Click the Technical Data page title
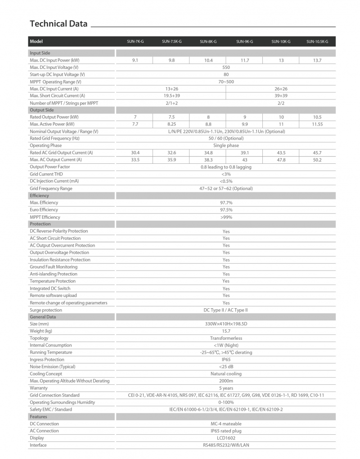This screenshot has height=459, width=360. click(58, 24)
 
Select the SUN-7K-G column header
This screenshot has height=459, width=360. click(135, 42)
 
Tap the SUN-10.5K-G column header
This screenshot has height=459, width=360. click(317, 42)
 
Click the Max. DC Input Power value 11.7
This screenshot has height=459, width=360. click(244, 60)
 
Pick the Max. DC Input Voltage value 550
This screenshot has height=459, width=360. click(226, 67)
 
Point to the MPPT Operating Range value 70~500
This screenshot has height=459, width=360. click(226, 82)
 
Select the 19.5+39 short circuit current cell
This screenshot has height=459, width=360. click(171, 96)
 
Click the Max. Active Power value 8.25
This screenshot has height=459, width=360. click(171, 124)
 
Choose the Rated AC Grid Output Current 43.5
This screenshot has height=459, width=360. click(281, 153)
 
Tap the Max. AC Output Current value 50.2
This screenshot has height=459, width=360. click(317, 160)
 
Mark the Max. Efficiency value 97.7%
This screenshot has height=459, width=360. click(226, 203)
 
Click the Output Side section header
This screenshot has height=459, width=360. click(42, 110)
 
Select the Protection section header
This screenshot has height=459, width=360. click(40, 224)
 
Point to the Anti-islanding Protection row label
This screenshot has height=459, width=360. click(54, 274)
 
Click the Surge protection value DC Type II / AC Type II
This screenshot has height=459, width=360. click(226, 310)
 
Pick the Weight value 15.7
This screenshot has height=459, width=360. click(226, 331)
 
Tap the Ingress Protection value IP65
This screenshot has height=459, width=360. click(226, 360)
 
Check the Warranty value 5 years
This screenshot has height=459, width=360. click(226, 388)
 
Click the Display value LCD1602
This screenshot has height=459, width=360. click(226, 438)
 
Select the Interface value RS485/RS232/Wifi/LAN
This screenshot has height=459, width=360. click(226, 445)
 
